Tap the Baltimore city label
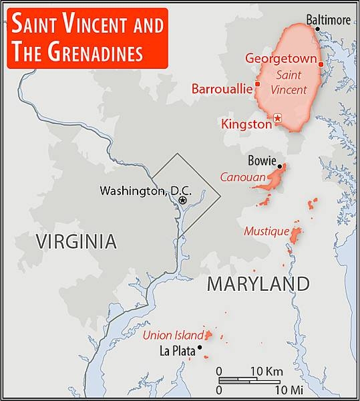328,20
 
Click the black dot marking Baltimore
317,29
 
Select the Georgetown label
280,57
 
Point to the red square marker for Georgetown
321,65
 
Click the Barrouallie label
222,88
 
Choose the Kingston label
246,124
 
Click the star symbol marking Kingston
279,118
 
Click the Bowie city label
261,160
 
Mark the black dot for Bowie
281,166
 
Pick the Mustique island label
266,231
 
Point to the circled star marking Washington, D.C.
182,199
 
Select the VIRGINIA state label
77,241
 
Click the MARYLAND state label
258,283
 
